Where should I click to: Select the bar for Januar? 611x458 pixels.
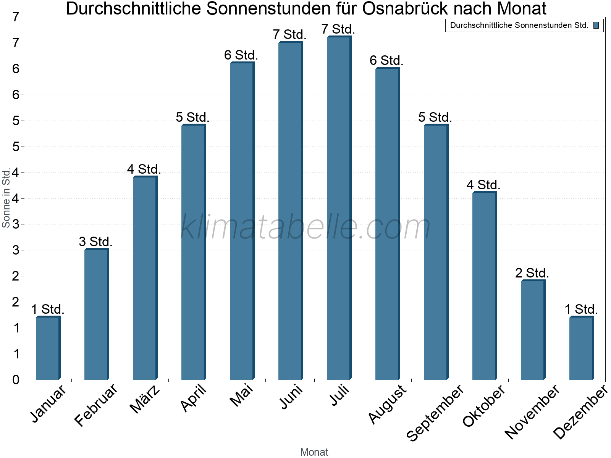48,348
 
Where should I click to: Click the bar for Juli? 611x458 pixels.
339,208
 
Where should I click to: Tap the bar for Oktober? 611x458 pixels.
484,286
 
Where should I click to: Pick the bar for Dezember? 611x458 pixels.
581,348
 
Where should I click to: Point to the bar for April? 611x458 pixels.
193,252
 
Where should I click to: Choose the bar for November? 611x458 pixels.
533,330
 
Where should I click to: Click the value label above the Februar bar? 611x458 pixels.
95,242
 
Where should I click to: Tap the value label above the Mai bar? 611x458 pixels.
241,55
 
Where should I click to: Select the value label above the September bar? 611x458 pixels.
435,117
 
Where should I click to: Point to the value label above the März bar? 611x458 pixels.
144,169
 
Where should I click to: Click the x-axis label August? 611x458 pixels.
388,404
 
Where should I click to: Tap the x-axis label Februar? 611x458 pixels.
96,405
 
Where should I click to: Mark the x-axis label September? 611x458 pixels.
435,412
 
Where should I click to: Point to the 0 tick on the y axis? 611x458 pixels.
15,380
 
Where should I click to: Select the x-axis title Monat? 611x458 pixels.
314,452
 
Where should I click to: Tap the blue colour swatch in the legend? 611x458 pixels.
596,26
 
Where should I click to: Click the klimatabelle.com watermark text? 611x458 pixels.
305,227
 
